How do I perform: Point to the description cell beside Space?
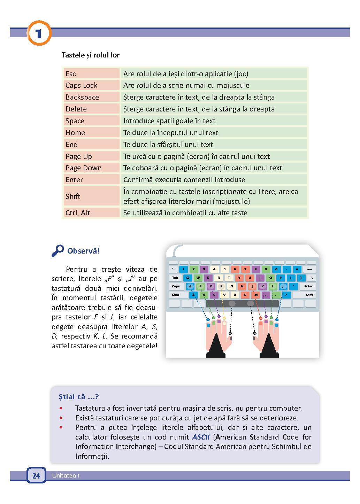click(214, 121)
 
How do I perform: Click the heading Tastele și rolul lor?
click(91, 55)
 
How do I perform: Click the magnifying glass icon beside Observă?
click(58, 250)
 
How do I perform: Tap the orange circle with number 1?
click(38, 34)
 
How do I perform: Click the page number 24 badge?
click(36, 475)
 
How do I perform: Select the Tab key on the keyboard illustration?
click(175, 278)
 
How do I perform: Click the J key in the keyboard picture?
click(252, 287)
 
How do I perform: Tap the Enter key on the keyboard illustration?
click(308, 286)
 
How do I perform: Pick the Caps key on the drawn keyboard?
click(176, 286)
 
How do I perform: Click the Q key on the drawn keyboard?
click(188, 278)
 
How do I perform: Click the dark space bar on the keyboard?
click(241, 303)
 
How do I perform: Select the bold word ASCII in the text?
click(200, 437)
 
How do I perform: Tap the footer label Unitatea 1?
click(66, 476)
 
